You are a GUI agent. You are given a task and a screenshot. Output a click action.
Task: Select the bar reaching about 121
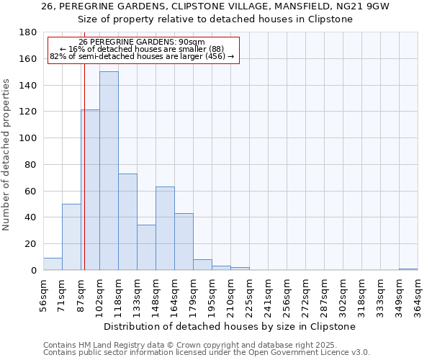tap(91, 190)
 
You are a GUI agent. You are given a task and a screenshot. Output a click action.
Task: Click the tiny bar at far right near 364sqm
tap(408, 269)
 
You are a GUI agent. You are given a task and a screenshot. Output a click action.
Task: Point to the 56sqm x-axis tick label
tap(43, 294)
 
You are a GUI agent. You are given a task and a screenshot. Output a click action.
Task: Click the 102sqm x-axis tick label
tap(99, 294)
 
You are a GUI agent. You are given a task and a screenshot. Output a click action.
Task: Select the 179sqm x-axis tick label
tap(193, 294)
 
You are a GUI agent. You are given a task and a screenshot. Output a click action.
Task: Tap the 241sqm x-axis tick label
tap(268, 294)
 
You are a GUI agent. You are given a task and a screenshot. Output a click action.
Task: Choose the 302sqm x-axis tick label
tap(343, 294)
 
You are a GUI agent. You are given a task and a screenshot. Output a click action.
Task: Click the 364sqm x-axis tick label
tap(418, 294)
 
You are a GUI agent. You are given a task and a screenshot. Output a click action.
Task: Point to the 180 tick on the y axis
tap(29, 32)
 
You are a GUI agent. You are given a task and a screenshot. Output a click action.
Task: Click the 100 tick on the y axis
tap(29, 138)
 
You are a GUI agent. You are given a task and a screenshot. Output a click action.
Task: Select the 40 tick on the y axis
tap(32, 217)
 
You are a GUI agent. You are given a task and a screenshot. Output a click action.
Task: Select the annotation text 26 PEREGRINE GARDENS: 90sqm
tap(142, 42)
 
